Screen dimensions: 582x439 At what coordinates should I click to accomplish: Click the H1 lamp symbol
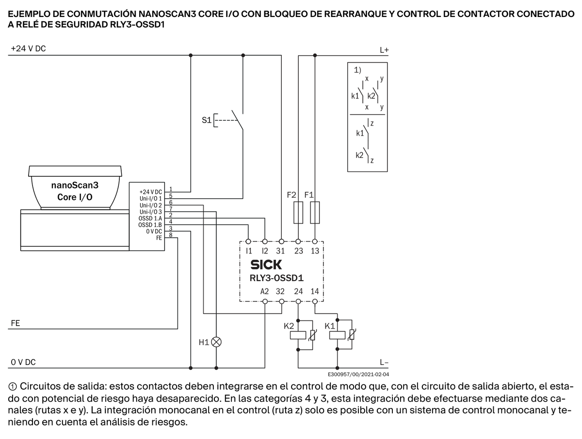click(x=216, y=342)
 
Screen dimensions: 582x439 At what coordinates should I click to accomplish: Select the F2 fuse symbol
click(x=298, y=212)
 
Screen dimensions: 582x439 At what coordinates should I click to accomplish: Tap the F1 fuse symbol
click(x=315, y=212)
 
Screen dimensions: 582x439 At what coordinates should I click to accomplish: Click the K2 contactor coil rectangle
click(x=298, y=335)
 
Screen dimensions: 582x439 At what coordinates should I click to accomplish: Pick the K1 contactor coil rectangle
click(x=337, y=335)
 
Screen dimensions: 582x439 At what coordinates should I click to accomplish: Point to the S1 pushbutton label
click(x=207, y=120)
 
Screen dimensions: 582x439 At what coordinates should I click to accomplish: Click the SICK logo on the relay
click(x=266, y=265)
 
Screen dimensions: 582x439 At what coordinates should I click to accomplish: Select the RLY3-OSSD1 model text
click(x=276, y=278)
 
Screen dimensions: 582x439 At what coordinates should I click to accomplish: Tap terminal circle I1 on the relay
click(x=248, y=241)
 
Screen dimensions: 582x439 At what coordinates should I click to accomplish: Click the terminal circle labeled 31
click(x=281, y=241)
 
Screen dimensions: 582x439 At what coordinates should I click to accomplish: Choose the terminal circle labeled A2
click(x=265, y=301)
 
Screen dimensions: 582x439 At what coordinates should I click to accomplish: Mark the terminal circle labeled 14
click(x=315, y=301)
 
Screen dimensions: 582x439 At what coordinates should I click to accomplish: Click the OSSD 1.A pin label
click(x=150, y=219)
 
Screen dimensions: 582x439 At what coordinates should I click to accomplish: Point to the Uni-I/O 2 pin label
click(x=151, y=205)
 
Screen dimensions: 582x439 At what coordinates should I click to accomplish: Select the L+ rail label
click(x=384, y=50)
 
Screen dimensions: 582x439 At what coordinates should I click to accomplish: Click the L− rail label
click(x=384, y=362)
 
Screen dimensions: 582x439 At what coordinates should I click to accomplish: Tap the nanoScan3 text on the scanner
click(x=75, y=185)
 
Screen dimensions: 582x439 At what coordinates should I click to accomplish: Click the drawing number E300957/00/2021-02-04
click(x=358, y=375)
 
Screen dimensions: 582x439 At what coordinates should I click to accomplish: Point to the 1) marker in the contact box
click(x=357, y=70)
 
